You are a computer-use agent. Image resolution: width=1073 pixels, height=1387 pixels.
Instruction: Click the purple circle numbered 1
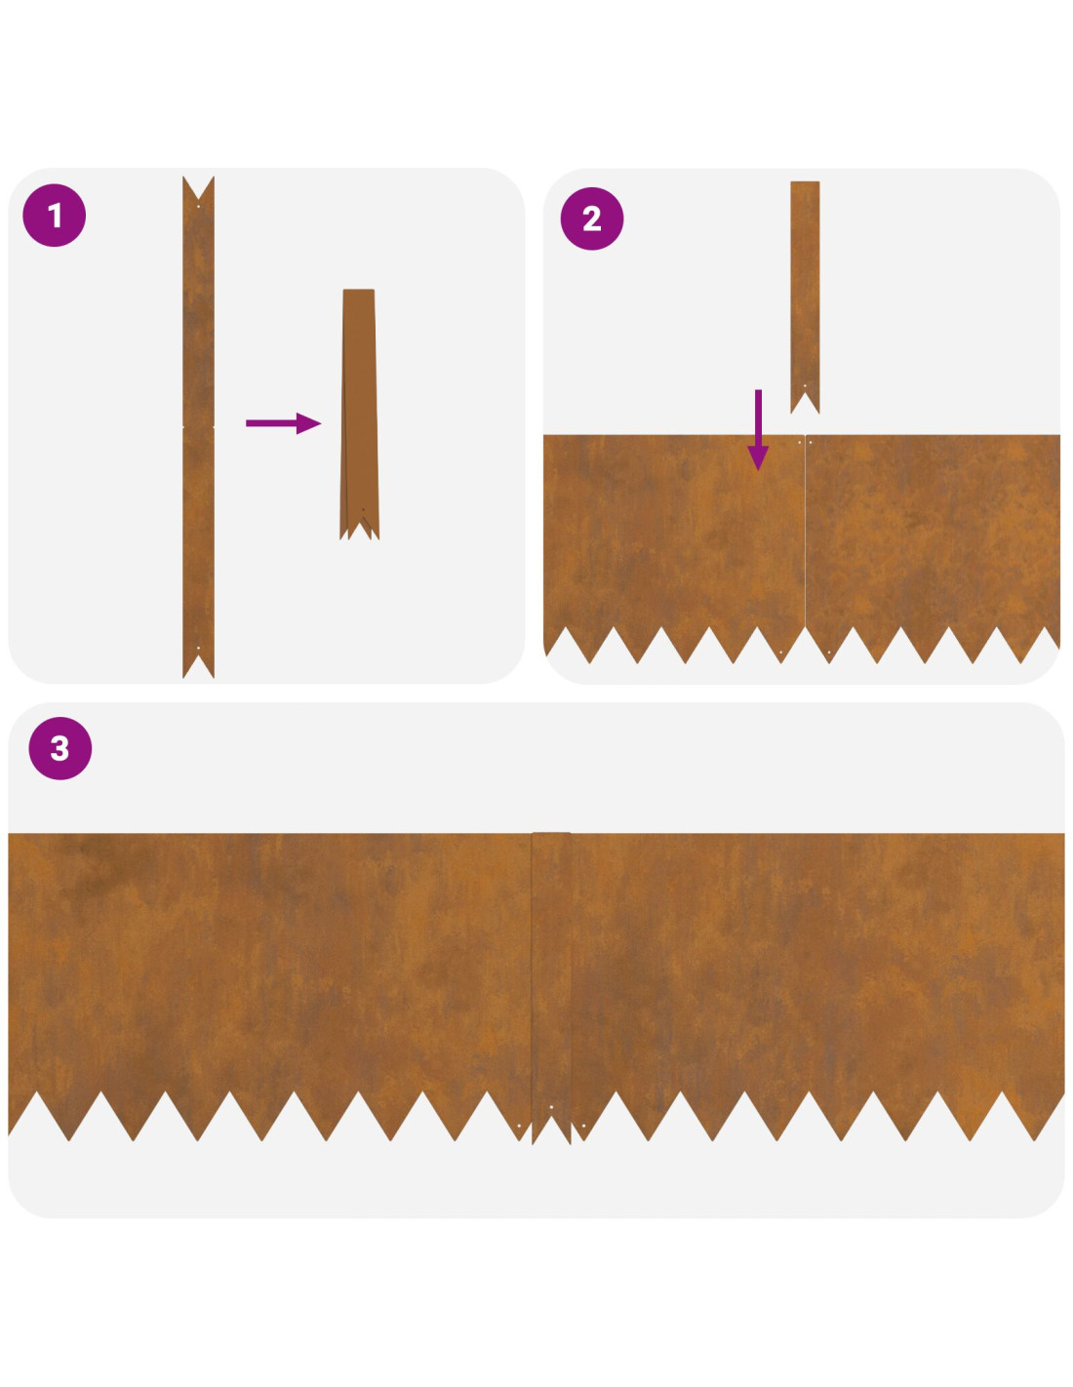(x=55, y=216)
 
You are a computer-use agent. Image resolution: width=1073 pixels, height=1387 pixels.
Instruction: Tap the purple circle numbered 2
(x=592, y=218)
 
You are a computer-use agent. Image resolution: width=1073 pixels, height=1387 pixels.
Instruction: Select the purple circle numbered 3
(x=60, y=748)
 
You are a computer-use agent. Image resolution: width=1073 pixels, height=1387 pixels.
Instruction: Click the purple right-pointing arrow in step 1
(x=283, y=422)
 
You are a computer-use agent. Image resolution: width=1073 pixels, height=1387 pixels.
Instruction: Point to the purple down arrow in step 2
(x=758, y=429)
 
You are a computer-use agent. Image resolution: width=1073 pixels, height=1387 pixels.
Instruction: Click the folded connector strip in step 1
(x=359, y=415)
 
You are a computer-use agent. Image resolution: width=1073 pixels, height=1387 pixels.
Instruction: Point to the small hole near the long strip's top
(x=199, y=206)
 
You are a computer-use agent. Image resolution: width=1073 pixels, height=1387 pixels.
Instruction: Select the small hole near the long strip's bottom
(x=199, y=648)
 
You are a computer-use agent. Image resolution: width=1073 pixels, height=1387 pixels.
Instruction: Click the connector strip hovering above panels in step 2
(x=805, y=297)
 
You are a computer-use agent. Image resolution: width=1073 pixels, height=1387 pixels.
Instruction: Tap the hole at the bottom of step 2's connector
(x=805, y=385)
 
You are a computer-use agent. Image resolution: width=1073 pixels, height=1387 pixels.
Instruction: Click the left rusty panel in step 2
(x=674, y=542)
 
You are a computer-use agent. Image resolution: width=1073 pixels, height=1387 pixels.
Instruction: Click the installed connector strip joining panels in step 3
(x=551, y=986)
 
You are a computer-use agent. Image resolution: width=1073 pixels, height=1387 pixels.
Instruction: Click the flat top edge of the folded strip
(x=359, y=290)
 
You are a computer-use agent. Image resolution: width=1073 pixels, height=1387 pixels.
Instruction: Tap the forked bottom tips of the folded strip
(x=359, y=530)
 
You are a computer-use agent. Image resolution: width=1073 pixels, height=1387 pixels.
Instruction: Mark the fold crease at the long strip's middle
(x=199, y=426)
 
